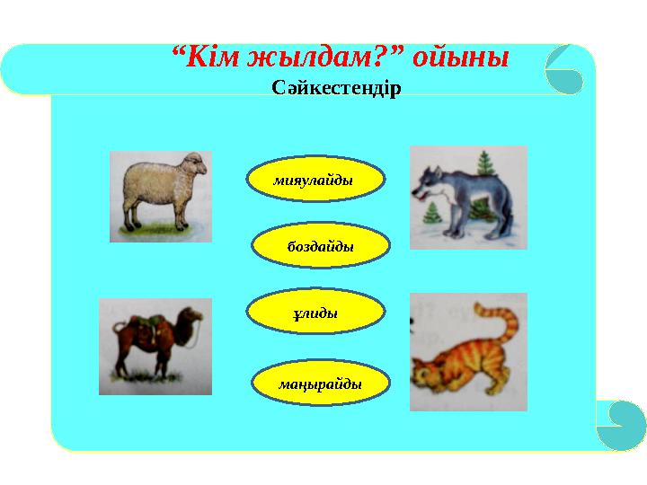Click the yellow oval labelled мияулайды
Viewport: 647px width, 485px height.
316,181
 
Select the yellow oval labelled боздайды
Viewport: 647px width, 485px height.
321,245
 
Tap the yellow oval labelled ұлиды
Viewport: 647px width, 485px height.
316,312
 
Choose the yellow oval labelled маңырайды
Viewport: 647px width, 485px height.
321,383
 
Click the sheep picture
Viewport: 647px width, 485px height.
161,196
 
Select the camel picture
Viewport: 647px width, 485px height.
155,346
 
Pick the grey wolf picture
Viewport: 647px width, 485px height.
468,198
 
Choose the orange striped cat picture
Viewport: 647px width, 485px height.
468,351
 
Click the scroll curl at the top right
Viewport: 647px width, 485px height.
564,69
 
